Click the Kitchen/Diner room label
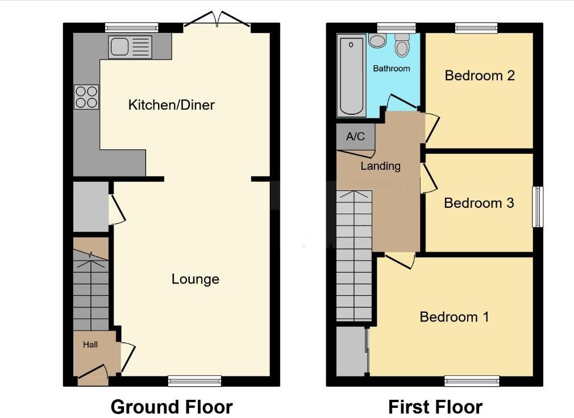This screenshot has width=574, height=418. tap(171, 105)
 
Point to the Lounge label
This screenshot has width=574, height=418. tap(195, 279)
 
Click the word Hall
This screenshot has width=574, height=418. tap(90, 345)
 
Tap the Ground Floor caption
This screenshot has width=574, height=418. tap(171, 407)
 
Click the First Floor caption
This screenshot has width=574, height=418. tap(435, 407)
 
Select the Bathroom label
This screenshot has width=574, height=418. tap(391, 69)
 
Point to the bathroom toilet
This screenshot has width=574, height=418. tap(402, 45)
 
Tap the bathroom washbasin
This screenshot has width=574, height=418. tap(377, 40)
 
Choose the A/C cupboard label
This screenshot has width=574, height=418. tap(355, 136)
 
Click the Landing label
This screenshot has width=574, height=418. tap(380, 166)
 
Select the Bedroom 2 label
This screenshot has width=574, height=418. tap(480, 76)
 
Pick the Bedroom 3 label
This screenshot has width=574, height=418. tap(479, 203)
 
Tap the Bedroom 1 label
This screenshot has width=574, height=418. tap(454, 316)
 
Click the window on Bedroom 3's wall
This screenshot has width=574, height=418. tap(537, 207)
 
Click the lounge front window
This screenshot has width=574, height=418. tap(195, 381)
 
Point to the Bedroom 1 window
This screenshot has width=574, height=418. tap(472, 381)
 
